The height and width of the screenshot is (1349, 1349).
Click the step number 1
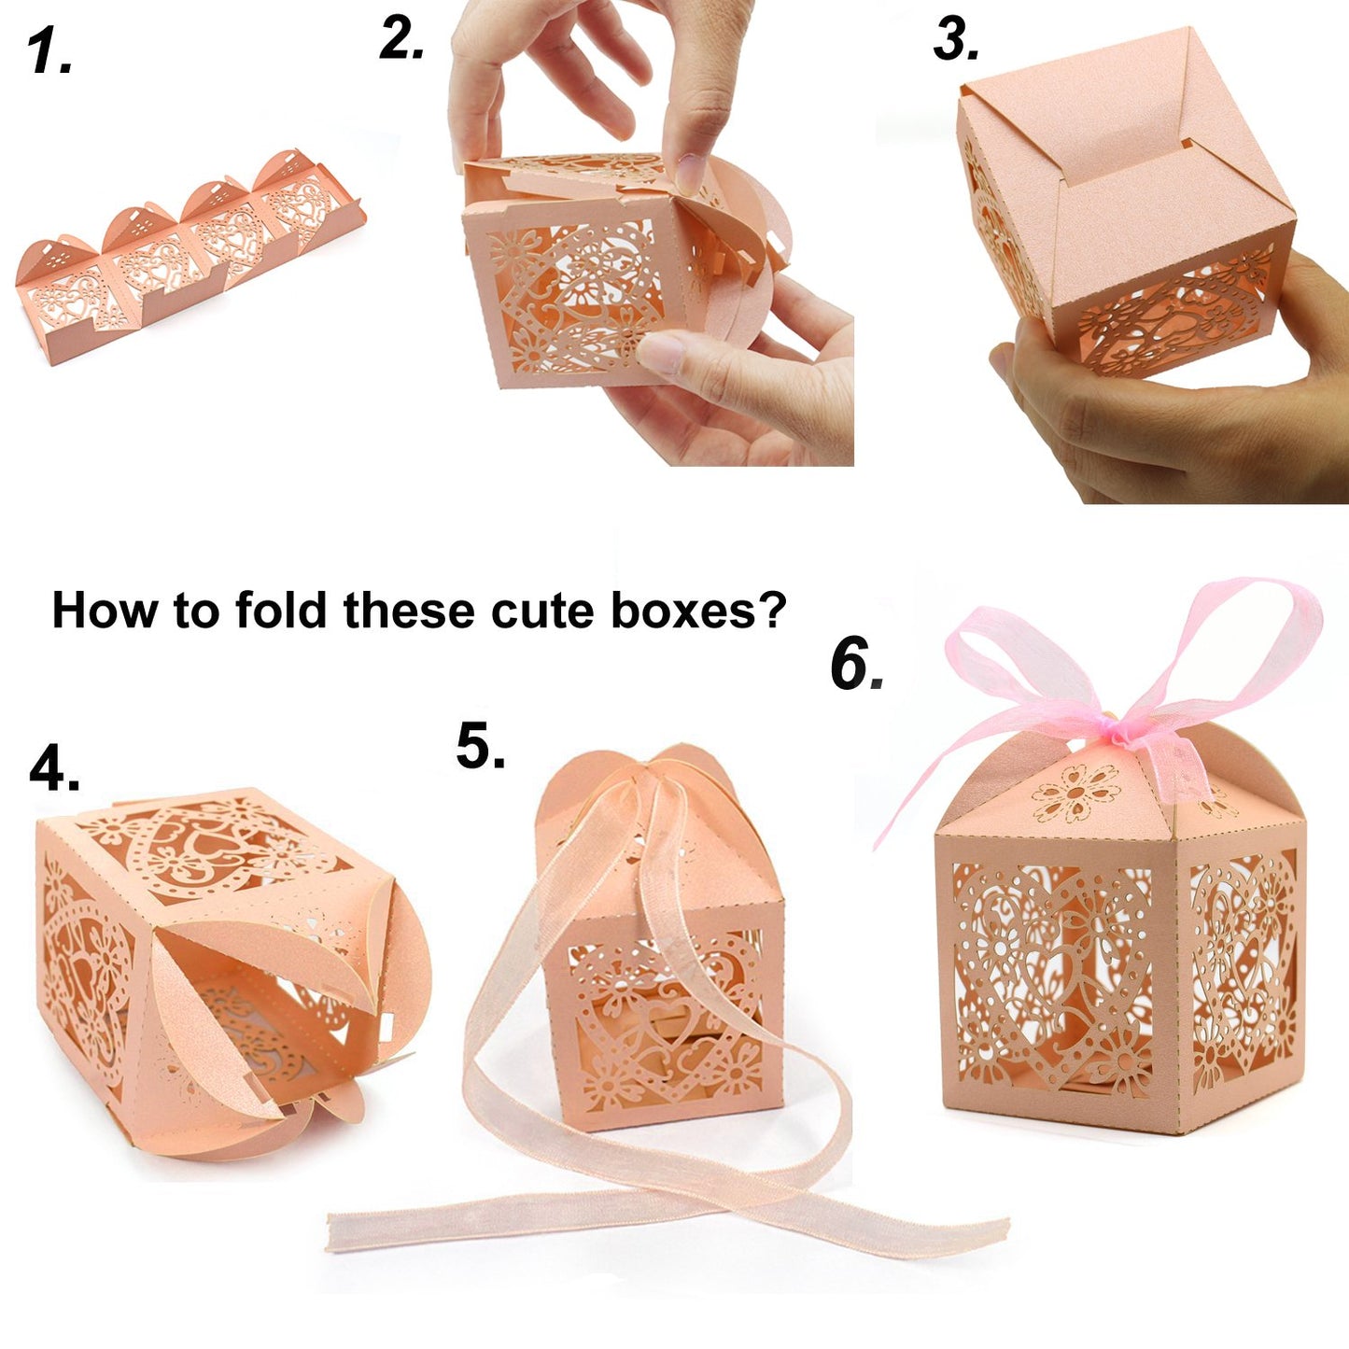coord(49,50)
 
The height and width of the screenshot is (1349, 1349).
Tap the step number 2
coord(401,39)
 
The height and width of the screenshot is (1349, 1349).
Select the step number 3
coord(956,41)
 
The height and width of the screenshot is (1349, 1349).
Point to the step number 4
coord(54,769)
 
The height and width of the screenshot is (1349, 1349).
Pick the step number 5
coord(480,747)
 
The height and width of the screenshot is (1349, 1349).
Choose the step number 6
coord(855,665)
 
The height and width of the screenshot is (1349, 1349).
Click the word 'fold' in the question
coord(279,611)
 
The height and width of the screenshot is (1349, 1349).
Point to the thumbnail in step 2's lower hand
coord(661,354)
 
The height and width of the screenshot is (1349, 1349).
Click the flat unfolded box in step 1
coord(187,252)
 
